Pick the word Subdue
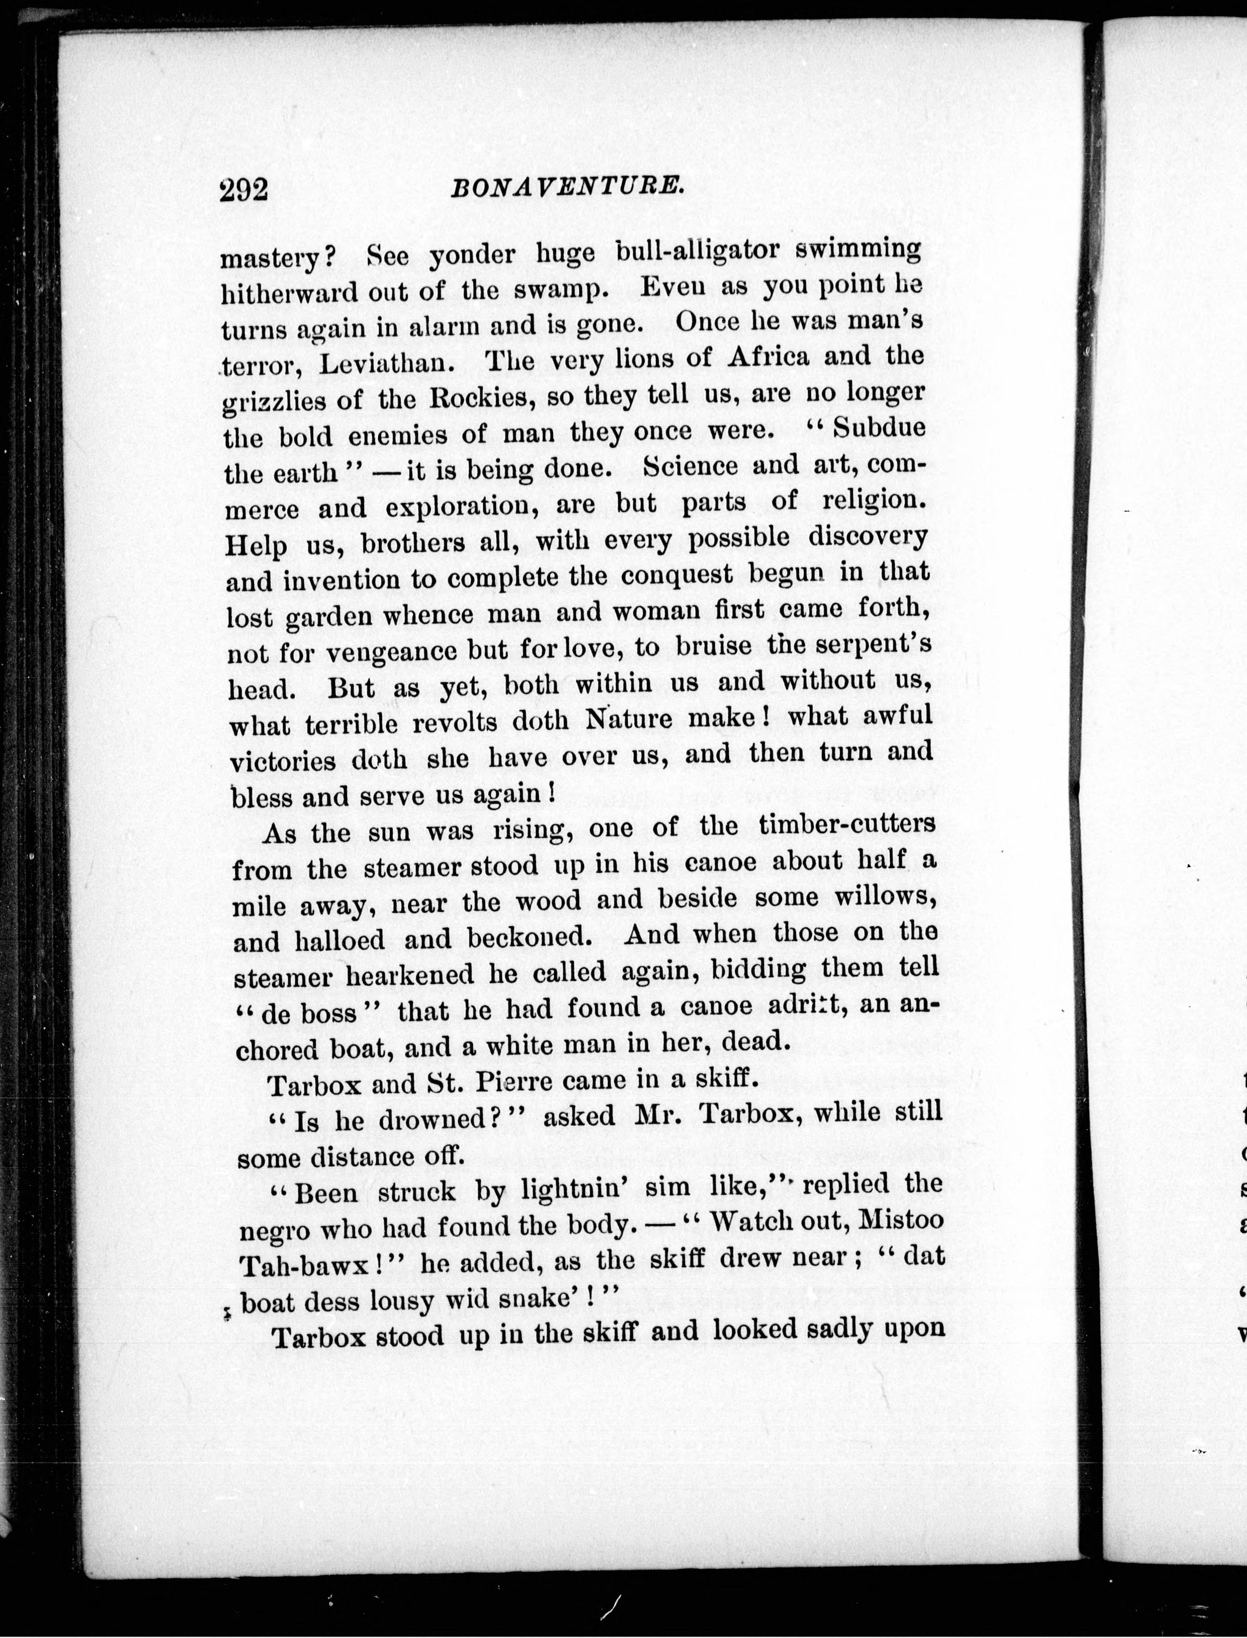(878, 428)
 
